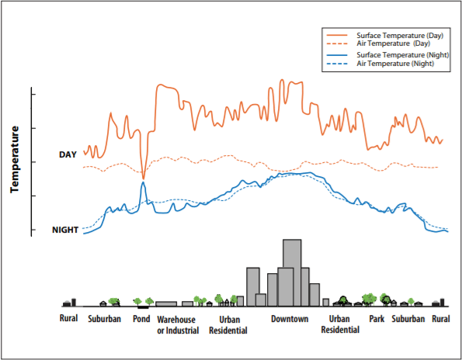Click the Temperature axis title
click(15, 159)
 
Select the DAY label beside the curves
click(68, 154)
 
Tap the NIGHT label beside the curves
click(65, 230)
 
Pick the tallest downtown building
click(292, 272)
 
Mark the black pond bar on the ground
click(143, 306)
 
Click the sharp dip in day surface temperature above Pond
click(143, 177)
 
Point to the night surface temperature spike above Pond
click(143, 183)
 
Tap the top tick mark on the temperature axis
click(34, 94)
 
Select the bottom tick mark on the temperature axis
click(34, 230)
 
